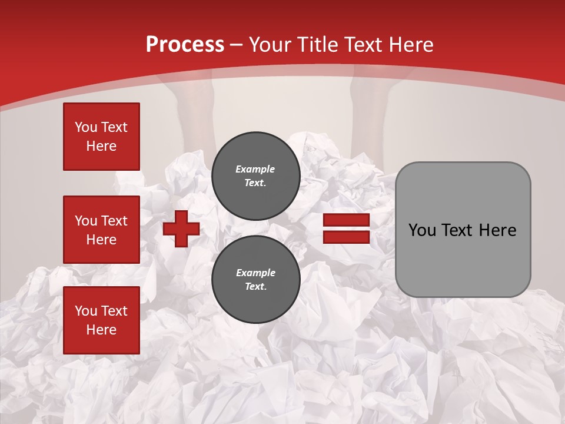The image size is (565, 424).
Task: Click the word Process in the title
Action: tap(185, 45)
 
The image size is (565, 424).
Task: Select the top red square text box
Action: tap(101, 137)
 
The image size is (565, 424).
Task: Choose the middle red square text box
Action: tap(101, 230)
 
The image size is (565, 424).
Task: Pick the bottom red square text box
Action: tap(101, 320)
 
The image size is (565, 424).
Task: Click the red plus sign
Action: tap(181, 228)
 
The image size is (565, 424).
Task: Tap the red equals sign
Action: tap(346, 228)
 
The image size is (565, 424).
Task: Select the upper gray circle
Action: tap(255, 175)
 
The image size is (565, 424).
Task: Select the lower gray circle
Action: tap(255, 279)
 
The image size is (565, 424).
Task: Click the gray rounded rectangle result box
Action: tap(463, 230)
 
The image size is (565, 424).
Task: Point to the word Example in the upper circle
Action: tap(255, 169)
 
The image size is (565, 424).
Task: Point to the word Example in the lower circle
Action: tap(255, 273)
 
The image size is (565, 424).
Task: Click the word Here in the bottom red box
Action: tap(101, 330)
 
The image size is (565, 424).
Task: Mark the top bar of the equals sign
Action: tap(346, 220)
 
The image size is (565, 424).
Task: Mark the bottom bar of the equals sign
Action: tap(346, 237)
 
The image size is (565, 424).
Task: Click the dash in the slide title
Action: tap(237, 45)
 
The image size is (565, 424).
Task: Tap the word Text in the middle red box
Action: tap(114, 221)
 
